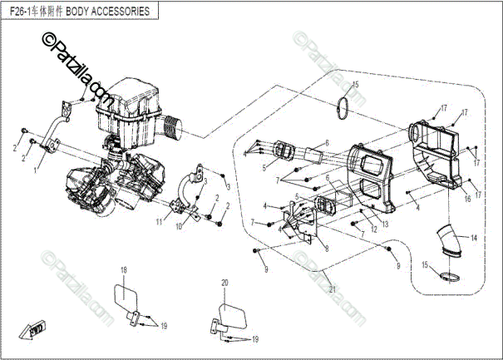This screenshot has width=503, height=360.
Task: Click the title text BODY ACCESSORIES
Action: click(108, 12)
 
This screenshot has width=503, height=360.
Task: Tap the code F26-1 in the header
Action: click(23, 12)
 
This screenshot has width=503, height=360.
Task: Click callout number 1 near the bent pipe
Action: click(35, 169)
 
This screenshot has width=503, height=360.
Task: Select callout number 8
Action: click(327, 248)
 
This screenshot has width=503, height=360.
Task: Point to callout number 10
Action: click(178, 226)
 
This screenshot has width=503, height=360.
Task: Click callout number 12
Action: click(373, 229)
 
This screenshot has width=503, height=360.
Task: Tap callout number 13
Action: click(385, 224)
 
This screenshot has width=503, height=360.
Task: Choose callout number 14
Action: click(473, 239)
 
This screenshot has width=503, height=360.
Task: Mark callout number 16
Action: click(467, 200)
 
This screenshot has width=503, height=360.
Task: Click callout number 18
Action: click(123, 270)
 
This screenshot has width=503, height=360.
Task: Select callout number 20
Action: click(224, 284)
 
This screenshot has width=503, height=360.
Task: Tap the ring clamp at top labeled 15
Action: click(343, 107)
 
